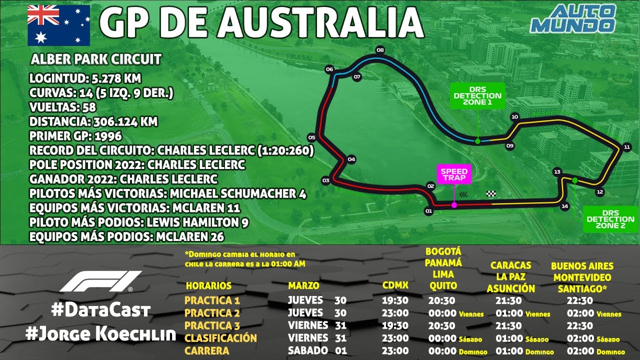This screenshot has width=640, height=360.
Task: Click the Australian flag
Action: click(58, 25)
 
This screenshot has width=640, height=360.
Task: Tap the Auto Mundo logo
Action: click(573, 18)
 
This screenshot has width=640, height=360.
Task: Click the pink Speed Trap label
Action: click(453, 174)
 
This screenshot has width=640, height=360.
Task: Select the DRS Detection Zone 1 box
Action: click(477, 95)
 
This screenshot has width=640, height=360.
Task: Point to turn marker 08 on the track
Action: click(380, 50)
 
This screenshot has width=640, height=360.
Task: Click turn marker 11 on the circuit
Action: click(626, 147)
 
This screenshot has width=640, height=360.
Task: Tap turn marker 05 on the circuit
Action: click(311, 137)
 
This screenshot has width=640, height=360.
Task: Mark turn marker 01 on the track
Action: click(428, 211)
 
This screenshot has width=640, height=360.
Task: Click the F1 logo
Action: click(100, 282)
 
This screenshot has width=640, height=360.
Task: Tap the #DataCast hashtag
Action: click(100, 310)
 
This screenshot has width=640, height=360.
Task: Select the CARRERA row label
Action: click(206, 350)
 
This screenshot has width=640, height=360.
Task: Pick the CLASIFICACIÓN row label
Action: click(220, 338)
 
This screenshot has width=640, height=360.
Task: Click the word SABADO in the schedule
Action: click(308, 350)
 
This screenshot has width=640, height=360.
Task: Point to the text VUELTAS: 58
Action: click(62, 107)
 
